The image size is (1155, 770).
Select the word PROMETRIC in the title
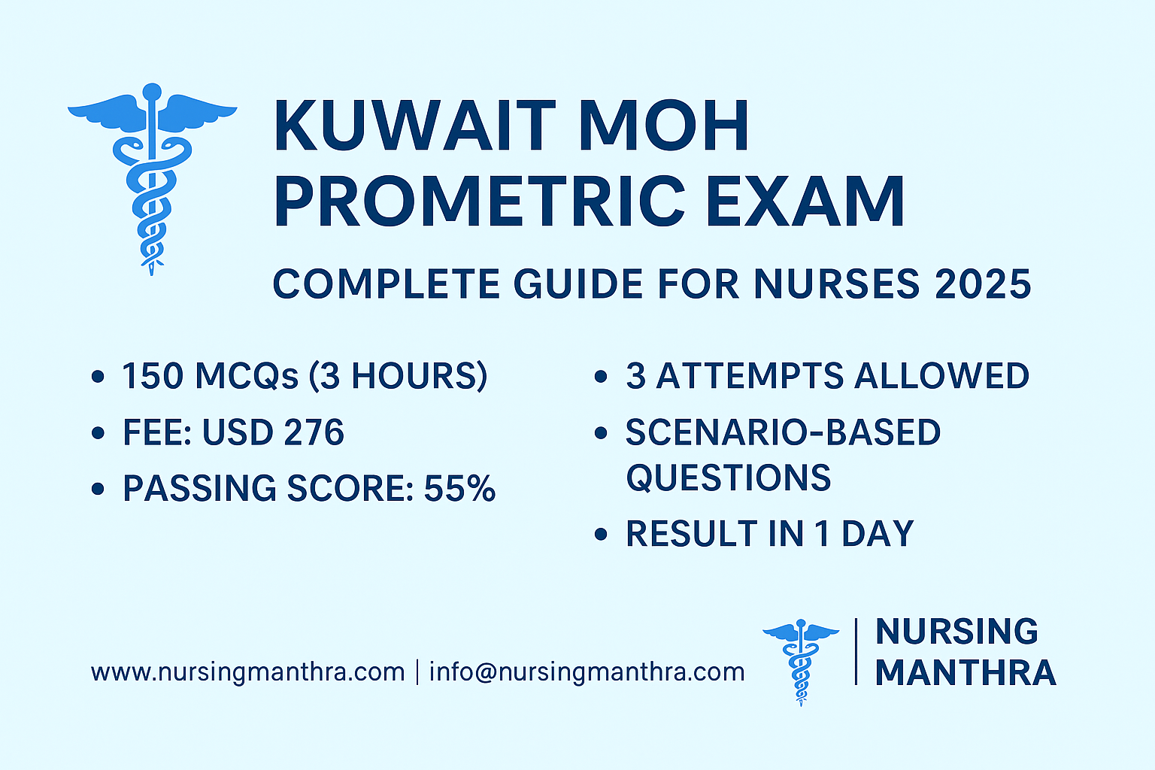[x=480, y=201]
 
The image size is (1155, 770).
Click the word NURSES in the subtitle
[x=837, y=283]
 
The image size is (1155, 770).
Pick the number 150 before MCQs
[x=153, y=375]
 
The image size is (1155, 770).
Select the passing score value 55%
[x=459, y=488]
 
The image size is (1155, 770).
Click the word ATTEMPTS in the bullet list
[x=750, y=375]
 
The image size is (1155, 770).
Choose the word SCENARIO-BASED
[x=784, y=432]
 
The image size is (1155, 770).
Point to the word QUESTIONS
[x=729, y=477]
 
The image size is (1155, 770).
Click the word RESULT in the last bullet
[x=690, y=533]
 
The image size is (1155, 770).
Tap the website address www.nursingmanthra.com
[x=248, y=672]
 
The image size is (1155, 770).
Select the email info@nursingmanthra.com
[x=587, y=672]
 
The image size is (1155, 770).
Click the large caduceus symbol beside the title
[x=152, y=179]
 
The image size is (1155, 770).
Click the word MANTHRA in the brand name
[x=966, y=673]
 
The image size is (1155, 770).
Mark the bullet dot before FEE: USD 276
[x=98, y=432]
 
